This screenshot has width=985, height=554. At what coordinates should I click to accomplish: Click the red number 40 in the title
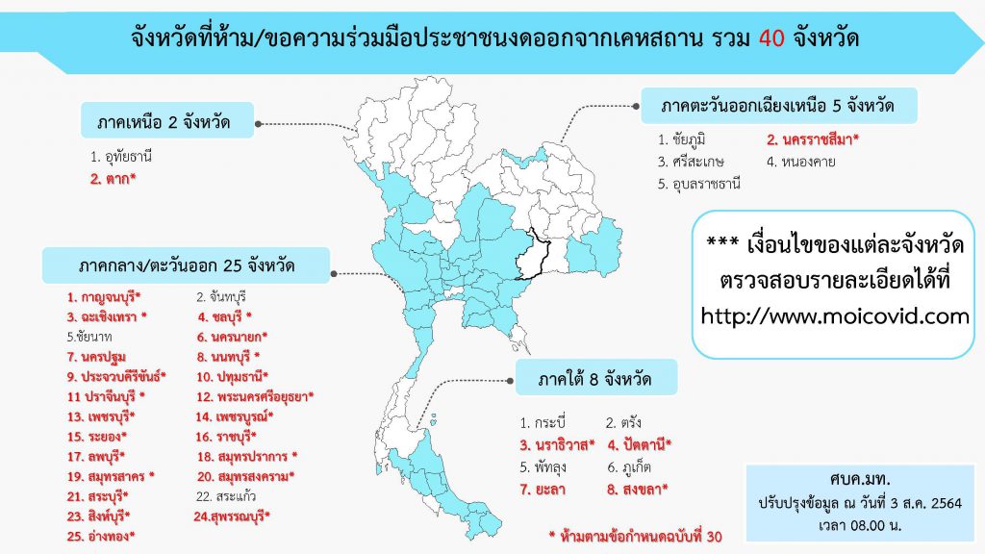tap(771, 38)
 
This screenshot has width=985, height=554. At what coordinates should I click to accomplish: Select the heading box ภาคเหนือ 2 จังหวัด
tap(167, 120)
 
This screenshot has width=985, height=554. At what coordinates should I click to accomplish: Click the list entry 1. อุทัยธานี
tap(120, 157)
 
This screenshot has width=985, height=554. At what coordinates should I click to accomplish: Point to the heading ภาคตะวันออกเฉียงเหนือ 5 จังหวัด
tap(778, 106)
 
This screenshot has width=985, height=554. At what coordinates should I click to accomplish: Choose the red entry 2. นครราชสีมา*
tap(812, 139)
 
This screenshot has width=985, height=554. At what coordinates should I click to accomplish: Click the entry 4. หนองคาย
tap(801, 162)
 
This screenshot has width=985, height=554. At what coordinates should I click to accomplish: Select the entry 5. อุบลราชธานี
tap(699, 184)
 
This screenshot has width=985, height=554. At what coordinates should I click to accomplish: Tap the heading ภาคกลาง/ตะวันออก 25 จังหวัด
tap(186, 265)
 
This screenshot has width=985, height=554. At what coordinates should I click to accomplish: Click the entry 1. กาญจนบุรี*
tap(104, 297)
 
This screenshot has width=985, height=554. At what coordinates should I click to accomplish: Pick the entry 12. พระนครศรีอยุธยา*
tap(255, 397)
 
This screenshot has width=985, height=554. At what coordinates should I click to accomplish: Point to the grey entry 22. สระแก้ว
tap(225, 497)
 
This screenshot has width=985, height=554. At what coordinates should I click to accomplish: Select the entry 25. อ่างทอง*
tap(101, 537)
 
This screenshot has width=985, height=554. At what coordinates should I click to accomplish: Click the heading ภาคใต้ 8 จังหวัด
tap(596, 378)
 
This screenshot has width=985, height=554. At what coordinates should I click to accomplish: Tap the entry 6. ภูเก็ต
tap(629, 467)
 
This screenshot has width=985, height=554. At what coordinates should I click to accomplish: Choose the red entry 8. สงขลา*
tap(637, 490)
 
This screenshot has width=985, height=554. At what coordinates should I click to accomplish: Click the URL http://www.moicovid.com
tap(835, 315)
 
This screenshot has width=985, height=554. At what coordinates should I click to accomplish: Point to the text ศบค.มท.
tap(859, 479)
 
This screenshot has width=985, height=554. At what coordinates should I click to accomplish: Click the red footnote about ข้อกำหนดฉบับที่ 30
tap(636, 537)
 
